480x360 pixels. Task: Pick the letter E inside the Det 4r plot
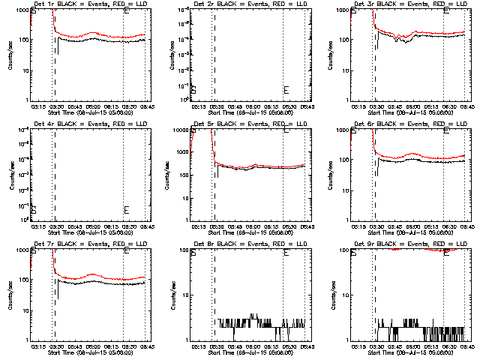[x=126, y=210]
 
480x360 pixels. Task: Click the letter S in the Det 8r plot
[x=193, y=252]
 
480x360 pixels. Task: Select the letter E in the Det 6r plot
[x=446, y=130]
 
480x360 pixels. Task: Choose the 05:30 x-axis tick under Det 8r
[x=216, y=346]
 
